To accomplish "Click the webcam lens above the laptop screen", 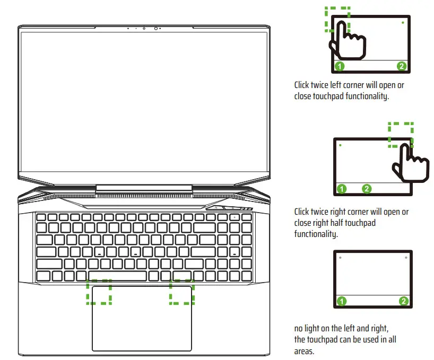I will tap(156, 28).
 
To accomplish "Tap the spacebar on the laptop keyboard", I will tap(117, 276).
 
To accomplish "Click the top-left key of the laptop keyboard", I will tap(40, 217).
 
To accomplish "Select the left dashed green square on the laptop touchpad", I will tap(99, 292).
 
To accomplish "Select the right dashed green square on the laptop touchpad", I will tap(182, 292).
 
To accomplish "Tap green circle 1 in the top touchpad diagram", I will tap(340, 66).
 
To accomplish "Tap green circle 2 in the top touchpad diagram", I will tap(402, 66).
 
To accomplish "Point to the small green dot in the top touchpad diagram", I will tap(403, 23).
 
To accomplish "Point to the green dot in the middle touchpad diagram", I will tap(340, 144).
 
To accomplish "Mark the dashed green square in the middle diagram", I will tap(400, 134).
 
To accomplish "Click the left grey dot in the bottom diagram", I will tap(340, 258).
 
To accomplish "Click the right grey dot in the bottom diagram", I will tap(406, 258).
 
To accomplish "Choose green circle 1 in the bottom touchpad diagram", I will tap(342, 301).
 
